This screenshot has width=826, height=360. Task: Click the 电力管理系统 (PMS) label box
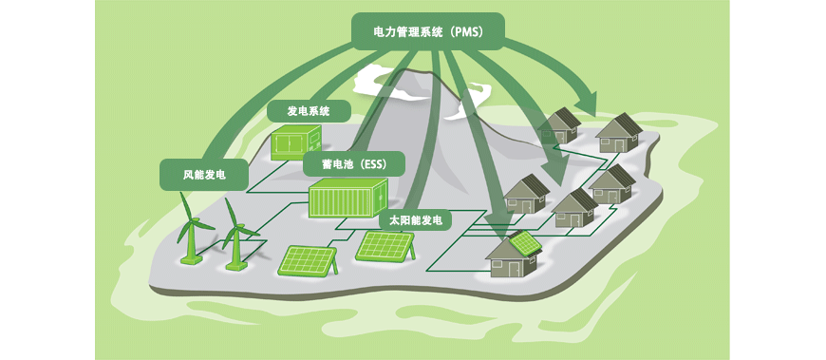[428, 31]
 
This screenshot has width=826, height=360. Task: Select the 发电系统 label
[309, 112]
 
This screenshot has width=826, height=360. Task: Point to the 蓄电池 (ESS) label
[354, 164]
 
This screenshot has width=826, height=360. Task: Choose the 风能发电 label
[204, 175]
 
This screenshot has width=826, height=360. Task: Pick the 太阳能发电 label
[416, 219]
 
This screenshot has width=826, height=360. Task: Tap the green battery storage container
[348, 199]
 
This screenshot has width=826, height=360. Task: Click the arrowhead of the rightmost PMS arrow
[587, 103]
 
